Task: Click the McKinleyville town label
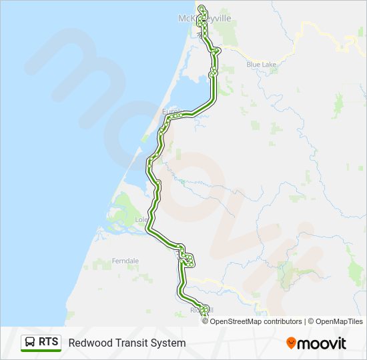point(206,18)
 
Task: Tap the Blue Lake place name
point(261,65)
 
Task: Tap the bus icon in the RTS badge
point(30,343)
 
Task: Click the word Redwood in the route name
point(89,343)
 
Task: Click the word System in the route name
point(168,343)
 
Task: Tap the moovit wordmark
point(322,343)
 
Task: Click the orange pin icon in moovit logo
point(291,343)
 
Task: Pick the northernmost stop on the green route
point(201,7)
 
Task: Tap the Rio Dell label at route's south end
point(202,310)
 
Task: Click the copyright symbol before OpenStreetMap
point(206,321)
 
